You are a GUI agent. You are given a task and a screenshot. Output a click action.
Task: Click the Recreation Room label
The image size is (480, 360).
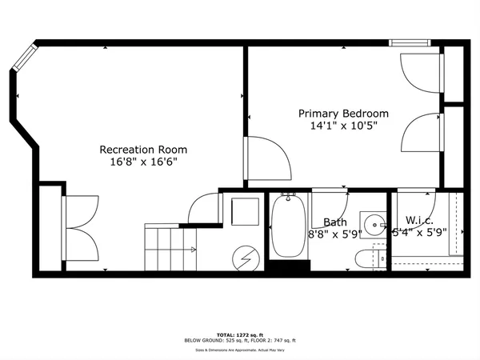143,149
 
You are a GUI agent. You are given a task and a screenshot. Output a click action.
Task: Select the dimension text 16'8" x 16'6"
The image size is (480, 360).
143,162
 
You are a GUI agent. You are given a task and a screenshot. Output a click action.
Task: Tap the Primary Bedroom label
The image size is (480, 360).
343,114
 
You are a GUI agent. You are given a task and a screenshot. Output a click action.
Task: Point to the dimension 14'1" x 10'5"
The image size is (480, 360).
343,126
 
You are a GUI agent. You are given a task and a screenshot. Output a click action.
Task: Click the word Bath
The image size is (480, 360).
334,222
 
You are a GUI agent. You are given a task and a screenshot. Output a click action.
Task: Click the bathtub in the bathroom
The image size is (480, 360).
289,228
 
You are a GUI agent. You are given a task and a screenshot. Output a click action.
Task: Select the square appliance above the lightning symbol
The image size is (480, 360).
242,213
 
